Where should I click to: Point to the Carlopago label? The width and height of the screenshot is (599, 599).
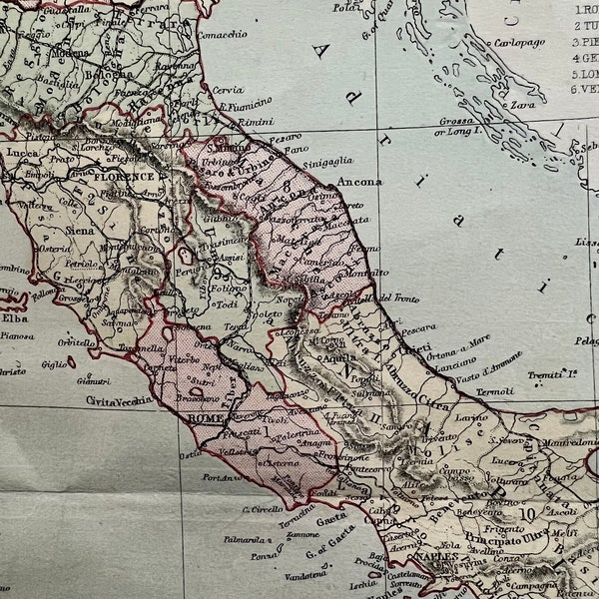523,44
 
